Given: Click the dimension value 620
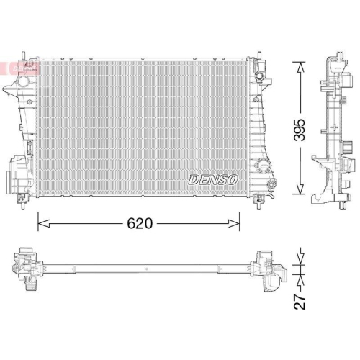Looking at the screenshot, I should pos(140,224).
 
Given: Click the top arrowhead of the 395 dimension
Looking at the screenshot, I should pos(300,60).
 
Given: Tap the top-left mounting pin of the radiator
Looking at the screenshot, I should pos(24,56).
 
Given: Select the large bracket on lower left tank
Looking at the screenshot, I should pos(17,174).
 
